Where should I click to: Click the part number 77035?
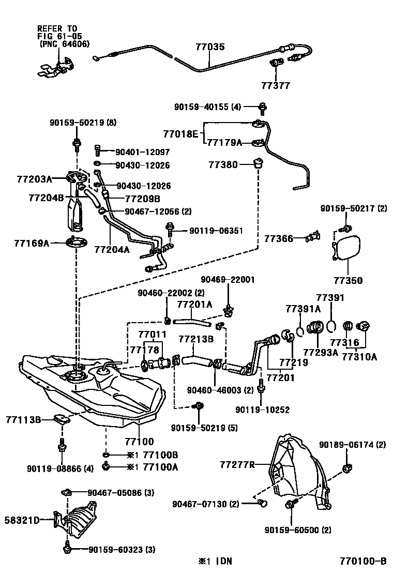coord(210,47)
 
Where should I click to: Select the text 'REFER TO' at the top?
coord(57,29)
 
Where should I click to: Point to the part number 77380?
coord(223,165)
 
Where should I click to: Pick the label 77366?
coord(279,239)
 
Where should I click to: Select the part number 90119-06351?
coord(216,231)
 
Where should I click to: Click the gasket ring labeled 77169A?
coord(76,242)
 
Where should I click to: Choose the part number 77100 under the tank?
coord(139,442)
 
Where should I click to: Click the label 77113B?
coord(23,419)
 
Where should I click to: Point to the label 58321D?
coord(22,519)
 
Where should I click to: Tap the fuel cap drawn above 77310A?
coord(364,326)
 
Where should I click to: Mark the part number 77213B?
coord(196,339)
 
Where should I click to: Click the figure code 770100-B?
coord(363,562)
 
